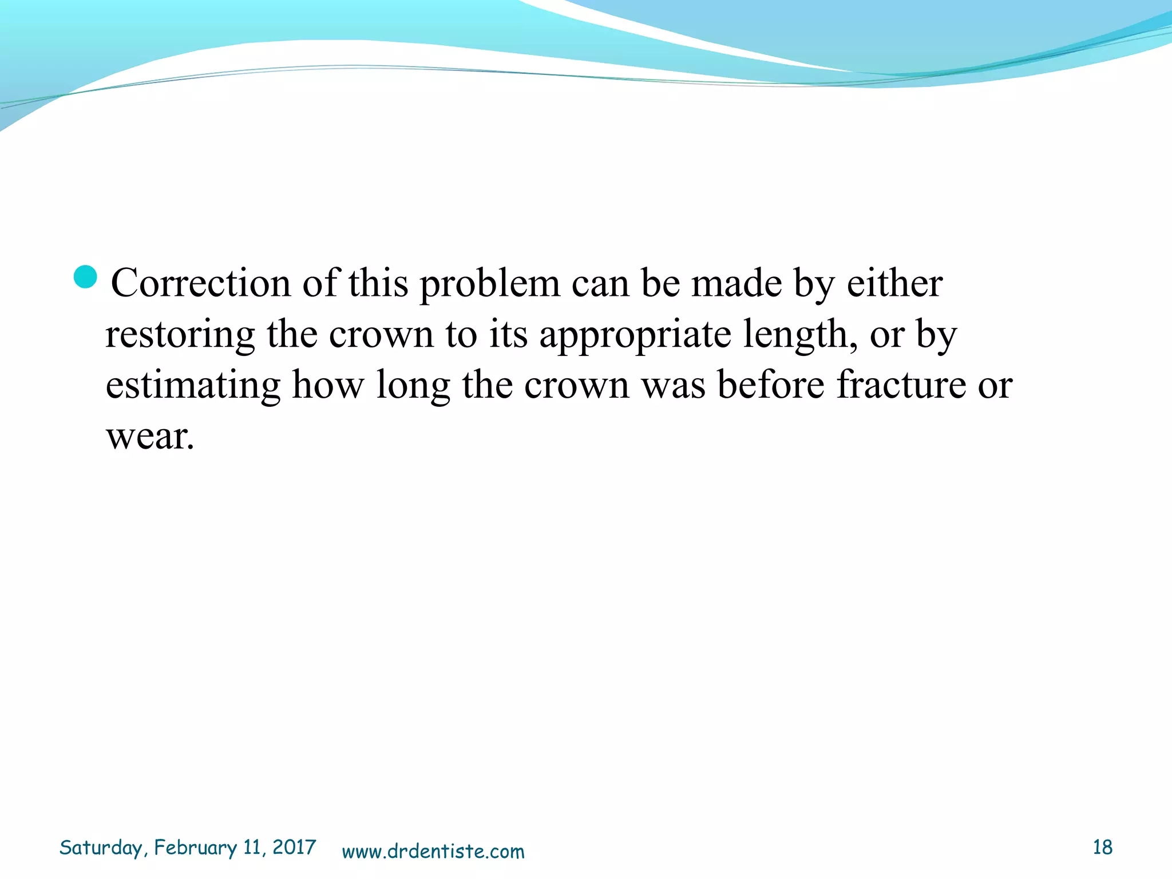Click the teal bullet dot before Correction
[x=86, y=277]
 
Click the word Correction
[x=200, y=283]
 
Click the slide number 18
[x=1102, y=848]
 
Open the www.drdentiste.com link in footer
[x=433, y=852]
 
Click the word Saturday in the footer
[x=101, y=848]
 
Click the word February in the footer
[x=195, y=848]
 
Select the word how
[x=328, y=385]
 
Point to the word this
[x=378, y=283]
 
